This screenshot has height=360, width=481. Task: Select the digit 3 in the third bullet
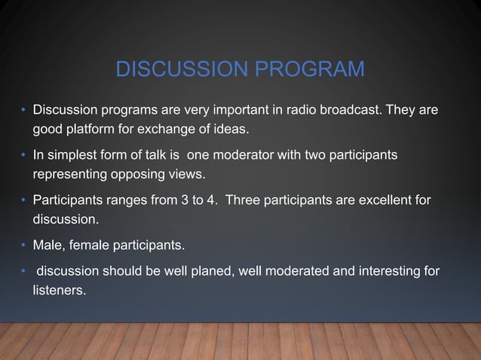coord(186,200)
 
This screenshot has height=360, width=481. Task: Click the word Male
coord(47,245)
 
